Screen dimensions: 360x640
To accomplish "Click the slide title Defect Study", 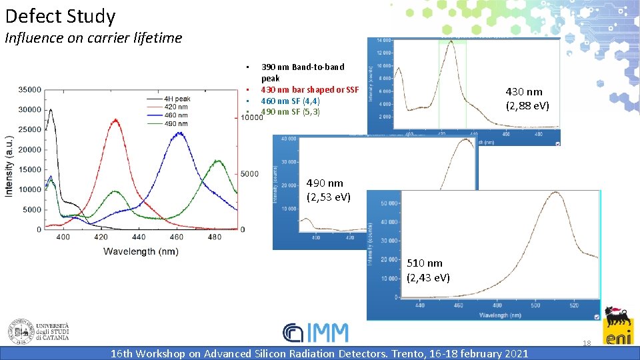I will point(60,16).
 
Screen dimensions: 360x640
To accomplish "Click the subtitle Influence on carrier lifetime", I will point(93,38).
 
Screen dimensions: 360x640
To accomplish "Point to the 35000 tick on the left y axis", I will point(29,89).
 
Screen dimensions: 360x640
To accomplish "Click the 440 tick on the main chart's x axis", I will point(139,237).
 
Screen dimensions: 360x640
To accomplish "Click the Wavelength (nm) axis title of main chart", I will point(141,251).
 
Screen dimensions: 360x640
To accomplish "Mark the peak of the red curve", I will point(116,120).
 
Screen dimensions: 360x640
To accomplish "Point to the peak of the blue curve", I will point(178,133).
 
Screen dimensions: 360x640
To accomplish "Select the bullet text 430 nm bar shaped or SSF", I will point(309,90).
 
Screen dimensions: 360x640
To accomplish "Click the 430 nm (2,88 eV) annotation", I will point(527,98).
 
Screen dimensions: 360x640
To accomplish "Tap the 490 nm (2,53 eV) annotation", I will point(328,190).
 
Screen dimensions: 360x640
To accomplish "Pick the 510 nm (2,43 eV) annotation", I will point(428,270).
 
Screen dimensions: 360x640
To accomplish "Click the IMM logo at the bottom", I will point(315,333).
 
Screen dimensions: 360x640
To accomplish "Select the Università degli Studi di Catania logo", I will point(38,331).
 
